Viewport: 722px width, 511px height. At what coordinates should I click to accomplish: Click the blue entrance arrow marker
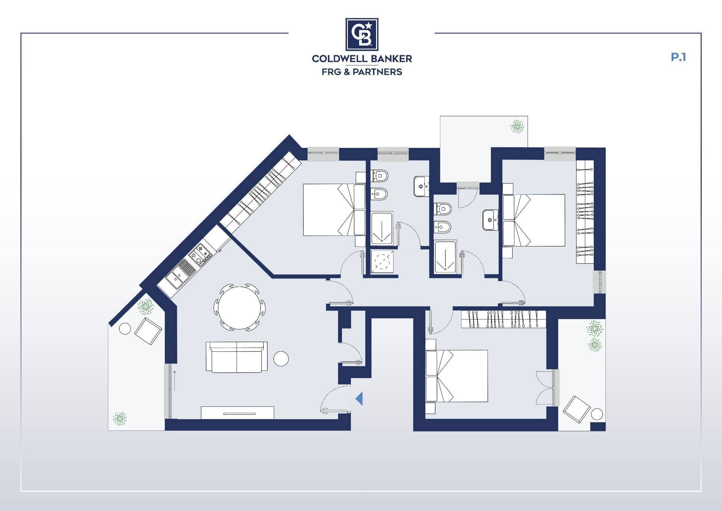pos(359,398)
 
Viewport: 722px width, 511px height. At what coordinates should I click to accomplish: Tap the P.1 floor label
pos(678,57)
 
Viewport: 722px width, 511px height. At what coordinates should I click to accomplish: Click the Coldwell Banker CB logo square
pos(362,34)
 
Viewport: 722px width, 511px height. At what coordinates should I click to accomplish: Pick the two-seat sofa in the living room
pos(237,357)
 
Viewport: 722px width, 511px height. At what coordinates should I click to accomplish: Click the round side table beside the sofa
pos(281,359)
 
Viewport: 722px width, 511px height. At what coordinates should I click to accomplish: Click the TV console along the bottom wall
pos(237,412)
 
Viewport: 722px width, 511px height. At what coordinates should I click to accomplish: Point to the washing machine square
pos(382,260)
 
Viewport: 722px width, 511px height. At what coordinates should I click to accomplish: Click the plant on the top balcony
pos(517,127)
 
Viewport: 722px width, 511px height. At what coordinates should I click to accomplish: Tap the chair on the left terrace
pos(148,332)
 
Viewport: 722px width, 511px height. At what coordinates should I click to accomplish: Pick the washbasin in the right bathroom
pos(490,220)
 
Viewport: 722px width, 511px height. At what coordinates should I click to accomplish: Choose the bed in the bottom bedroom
pos(457,376)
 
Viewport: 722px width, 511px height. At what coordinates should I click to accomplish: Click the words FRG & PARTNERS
pos(362,72)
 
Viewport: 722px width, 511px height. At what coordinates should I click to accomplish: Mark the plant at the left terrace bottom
pos(120,418)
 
